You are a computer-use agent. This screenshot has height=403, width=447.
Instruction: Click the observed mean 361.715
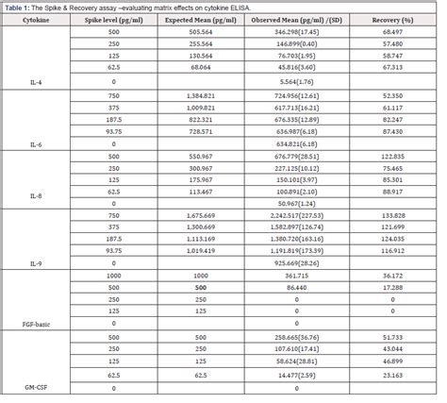(306, 275)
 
